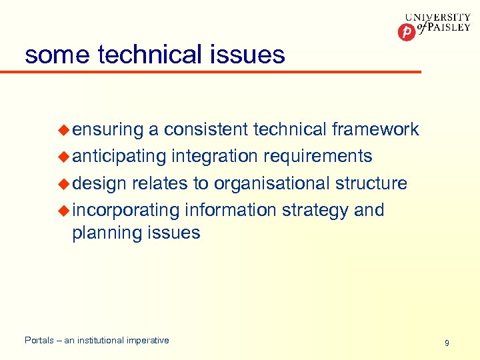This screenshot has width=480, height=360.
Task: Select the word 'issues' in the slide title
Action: click(x=252, y=54)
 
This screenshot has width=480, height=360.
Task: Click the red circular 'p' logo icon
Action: click(x=405, y=31)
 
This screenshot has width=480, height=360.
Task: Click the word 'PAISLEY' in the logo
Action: click(x=445, y=31)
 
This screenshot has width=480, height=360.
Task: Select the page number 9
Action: click(x=447, y=343)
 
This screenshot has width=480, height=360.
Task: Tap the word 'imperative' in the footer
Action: click(x=147, y=341)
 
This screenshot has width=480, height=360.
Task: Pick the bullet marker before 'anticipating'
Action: click(x=64, y=156)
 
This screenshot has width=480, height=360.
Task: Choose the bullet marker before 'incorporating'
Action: click(x=64, y=210)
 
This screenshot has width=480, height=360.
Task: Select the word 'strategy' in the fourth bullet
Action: click(x=315, y=211)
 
